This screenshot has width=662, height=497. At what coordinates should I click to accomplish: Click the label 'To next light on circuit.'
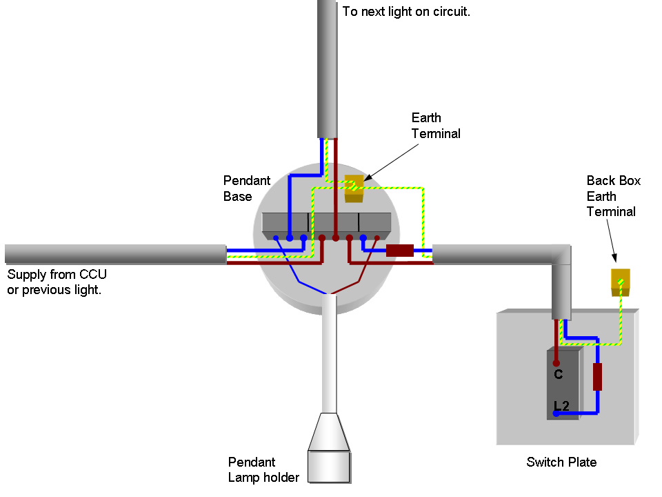pos(406,12)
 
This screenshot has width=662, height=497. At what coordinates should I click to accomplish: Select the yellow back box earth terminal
pos(621,282)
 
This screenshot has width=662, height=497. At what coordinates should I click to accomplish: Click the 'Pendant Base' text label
pos(247,188)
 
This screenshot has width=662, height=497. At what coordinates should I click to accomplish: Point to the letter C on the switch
pos(559,375)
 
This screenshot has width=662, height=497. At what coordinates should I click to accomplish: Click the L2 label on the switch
pos(561,407)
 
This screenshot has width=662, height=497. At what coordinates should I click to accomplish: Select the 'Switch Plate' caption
pos(561,462)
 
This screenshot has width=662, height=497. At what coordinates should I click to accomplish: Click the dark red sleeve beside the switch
pos(597,377)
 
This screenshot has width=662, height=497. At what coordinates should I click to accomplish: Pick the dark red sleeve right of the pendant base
pos(399,250)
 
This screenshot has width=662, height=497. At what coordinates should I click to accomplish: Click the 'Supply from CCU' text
pos(57,275)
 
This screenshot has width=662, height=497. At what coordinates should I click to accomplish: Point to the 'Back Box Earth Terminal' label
pos(612,196)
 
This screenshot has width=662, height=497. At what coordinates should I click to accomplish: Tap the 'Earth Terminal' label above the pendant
pos(436,126)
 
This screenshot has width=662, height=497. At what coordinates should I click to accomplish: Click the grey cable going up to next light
pos(327,69)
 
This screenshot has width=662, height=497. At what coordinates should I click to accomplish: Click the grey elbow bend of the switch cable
pos(561,257)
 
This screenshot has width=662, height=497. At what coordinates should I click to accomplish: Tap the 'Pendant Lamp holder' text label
pos(263,469)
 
